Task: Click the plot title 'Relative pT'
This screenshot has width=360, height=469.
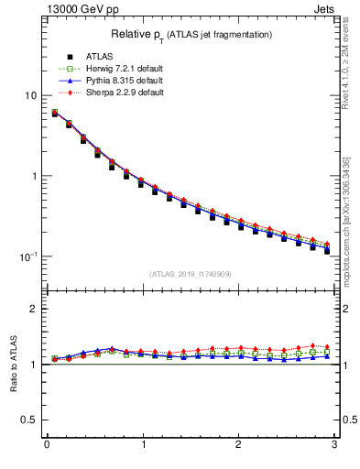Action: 138,34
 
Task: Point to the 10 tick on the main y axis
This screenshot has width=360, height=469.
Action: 30,96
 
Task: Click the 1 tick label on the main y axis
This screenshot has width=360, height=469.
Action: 33,176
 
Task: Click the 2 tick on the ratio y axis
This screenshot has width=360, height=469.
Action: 33,309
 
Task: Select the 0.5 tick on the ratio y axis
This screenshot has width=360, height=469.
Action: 29,420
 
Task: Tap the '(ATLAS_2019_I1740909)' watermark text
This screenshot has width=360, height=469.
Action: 189,274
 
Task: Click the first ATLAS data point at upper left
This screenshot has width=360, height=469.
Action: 55,114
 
